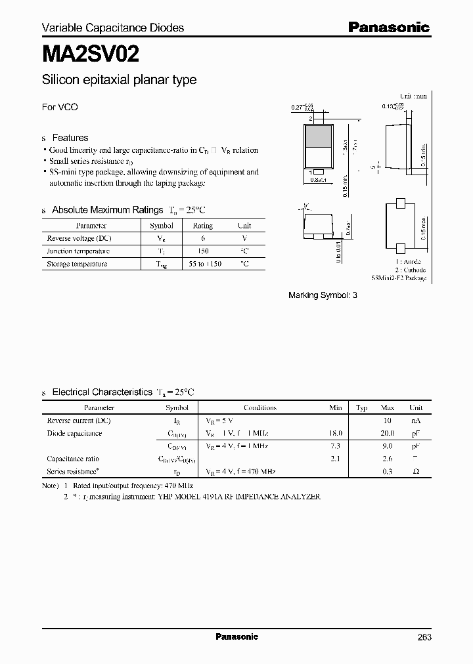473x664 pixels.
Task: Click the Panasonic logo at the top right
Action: coord(388,28)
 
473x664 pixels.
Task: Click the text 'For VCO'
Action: coord(60,107)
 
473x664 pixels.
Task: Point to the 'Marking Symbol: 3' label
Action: coord(323,295)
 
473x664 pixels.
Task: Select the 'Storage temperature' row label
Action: coord(77,264)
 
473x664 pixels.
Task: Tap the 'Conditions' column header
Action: coord(260,407)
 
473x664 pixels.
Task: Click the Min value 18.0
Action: coord(335,433)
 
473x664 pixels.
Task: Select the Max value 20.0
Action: coord(387,433)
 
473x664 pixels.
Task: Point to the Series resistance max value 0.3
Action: coord(387,472)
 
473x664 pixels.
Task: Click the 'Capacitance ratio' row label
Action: coord(73,459)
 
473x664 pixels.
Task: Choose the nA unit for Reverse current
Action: coord(415,420)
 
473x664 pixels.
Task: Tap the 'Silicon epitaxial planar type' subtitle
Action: coord(119,80)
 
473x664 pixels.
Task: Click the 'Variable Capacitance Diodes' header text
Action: coord(113,28)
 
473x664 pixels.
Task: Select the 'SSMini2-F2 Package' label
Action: coord(399,278)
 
